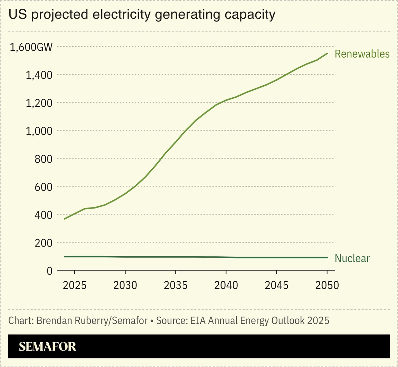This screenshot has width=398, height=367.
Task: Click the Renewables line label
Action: (x=362, y=54)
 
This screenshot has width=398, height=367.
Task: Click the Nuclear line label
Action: (x=352, y=259)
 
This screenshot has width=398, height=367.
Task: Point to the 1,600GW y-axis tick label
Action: (x=31, y=47)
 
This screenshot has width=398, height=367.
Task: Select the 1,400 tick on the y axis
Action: (x=39, y=75)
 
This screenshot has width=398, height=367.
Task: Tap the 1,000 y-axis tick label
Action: (x=39, y=131)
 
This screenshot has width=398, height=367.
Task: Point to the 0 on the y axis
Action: (x=49, y=271)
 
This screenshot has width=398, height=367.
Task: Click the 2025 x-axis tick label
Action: (x=75, y=286)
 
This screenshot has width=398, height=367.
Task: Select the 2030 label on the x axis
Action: (x=125, y=286)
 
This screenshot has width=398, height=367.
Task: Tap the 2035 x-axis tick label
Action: (x=176, y=286)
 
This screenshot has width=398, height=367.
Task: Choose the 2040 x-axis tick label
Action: (x=226, y=286)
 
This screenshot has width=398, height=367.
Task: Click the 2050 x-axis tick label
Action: (x=327, y=286)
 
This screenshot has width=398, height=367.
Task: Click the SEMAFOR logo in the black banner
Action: (x=47, y=347)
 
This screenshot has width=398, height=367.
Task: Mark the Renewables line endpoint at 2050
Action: (x=327, y=54)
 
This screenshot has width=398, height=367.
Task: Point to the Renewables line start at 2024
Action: (x=65, y=219)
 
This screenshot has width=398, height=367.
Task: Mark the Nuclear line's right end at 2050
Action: (x=327, y=258)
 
